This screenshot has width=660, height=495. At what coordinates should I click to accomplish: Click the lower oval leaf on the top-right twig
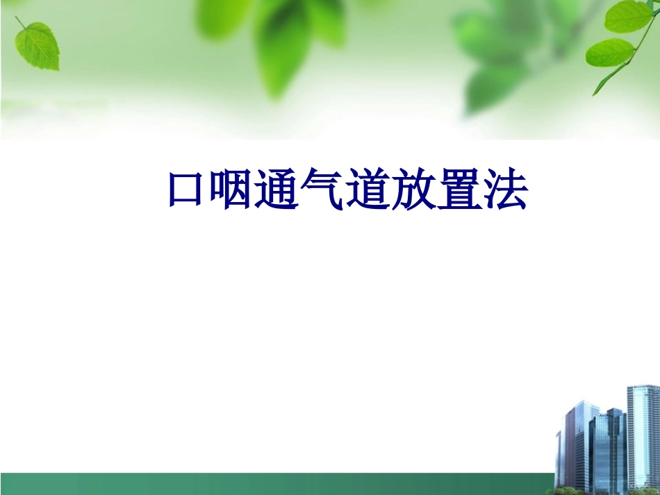[x=610, y=52]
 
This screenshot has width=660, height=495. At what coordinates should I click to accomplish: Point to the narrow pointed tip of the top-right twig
[x=595, y=92]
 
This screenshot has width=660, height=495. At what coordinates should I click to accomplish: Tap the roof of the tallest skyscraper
[x=643, y=387]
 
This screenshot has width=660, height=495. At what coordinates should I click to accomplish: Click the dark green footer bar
[x=278, y=484]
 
